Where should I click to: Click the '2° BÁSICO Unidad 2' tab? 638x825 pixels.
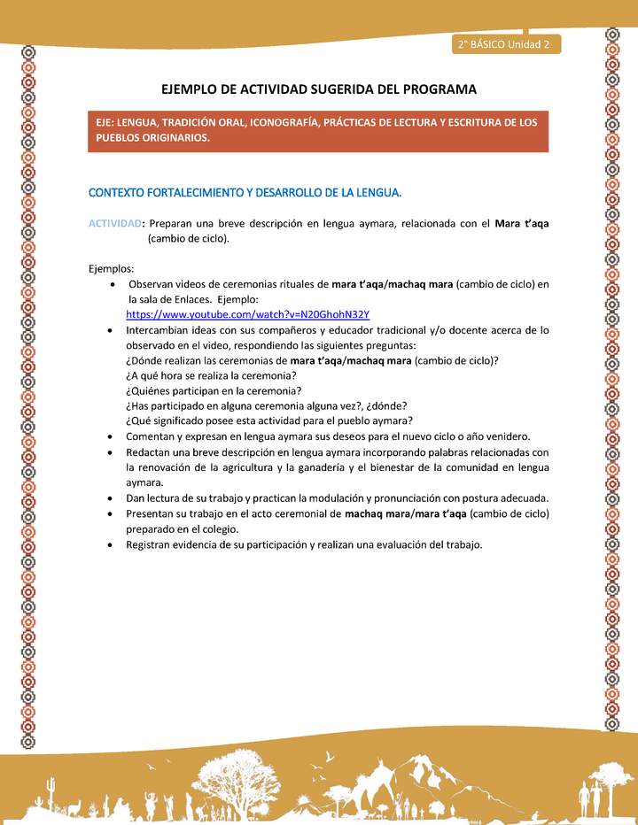[x=505, y=43]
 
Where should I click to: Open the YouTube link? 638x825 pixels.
[x=247, y=314]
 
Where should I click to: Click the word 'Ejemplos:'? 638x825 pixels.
[x=112, y=268]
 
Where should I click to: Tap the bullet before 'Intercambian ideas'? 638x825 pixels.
[x=108, y=330]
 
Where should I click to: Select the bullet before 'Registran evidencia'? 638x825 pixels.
[x=108, y=544]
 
